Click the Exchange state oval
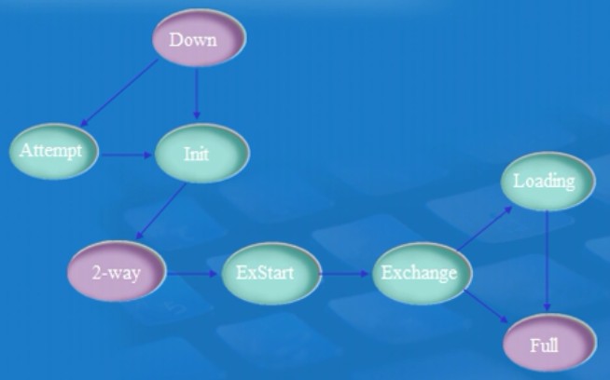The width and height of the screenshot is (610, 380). [421, 274]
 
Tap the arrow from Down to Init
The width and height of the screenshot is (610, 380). [197, 93]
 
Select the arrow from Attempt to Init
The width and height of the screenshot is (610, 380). [126, 155]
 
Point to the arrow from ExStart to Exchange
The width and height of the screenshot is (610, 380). [345, 275]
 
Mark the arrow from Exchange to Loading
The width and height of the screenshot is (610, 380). [485, 228]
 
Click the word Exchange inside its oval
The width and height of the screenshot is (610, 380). [421, 274]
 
